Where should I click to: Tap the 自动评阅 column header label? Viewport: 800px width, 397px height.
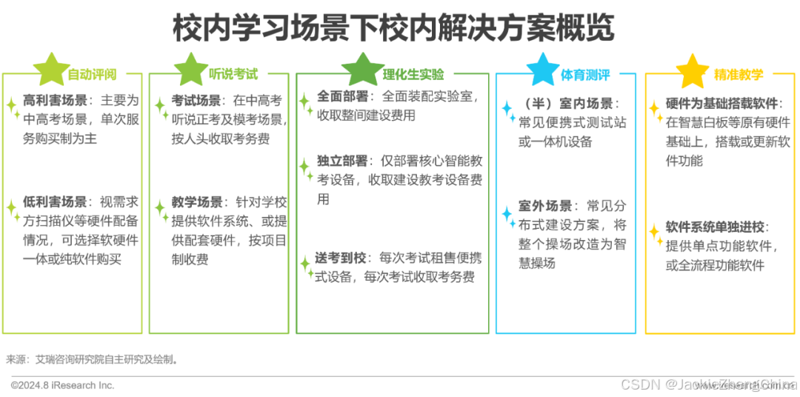[x=93, y=75]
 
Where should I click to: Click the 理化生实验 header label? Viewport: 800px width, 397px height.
[x=413, y=74]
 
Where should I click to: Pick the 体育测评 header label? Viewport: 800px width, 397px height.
[x=585, y=75]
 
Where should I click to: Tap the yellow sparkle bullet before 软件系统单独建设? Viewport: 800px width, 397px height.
[x=656, y=233]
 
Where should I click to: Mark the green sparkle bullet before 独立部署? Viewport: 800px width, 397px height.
[x=305, y=168]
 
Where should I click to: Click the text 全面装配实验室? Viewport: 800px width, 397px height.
[x=429, y=97]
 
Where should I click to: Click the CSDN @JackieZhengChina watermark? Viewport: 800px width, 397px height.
[x=707, y=383]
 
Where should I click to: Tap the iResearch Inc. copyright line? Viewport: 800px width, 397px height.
[x=63, y=385]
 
